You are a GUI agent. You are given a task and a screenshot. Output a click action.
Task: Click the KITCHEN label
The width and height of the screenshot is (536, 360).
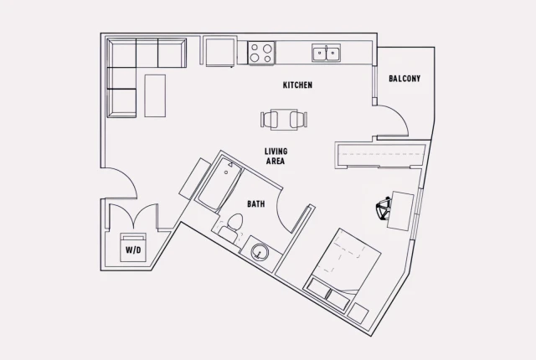coord(297,85)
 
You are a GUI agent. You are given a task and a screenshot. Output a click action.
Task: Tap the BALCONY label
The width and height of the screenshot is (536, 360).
coord(405,79)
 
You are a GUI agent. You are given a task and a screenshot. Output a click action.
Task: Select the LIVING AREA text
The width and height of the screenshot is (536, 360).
coord(276,157)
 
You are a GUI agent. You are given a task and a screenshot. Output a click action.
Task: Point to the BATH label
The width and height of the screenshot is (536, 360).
coord(255,203)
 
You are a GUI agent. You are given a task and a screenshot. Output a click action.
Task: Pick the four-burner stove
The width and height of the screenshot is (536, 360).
coord(261,54)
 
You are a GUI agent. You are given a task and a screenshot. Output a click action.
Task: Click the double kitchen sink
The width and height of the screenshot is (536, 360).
coord(325,54)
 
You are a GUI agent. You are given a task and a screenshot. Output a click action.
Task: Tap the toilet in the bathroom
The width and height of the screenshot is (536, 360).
coord(231,224)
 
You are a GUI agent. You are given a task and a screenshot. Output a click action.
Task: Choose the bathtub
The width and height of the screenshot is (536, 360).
coord(220,185)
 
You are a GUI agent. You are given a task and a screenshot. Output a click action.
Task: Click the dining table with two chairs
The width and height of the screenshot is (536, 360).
coord(284,120)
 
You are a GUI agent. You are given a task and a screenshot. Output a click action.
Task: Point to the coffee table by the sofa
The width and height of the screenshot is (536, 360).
coord(156,95)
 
